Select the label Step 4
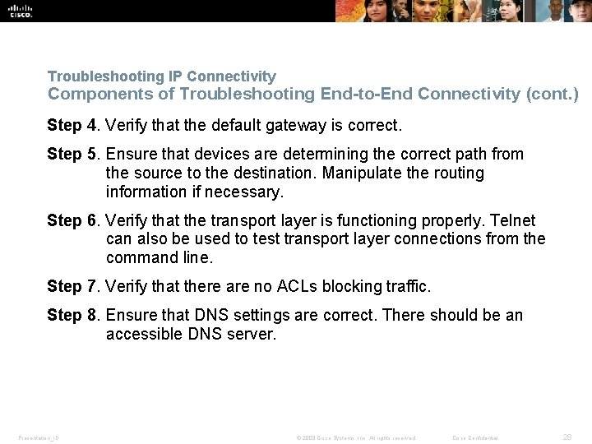point(75,126)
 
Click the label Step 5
point(75,154)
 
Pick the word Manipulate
point(361,173)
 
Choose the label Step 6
point(75,220)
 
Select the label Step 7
point(75,286)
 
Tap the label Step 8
point(75,315)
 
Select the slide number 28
point(567,437)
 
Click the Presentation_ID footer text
point(38,438)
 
